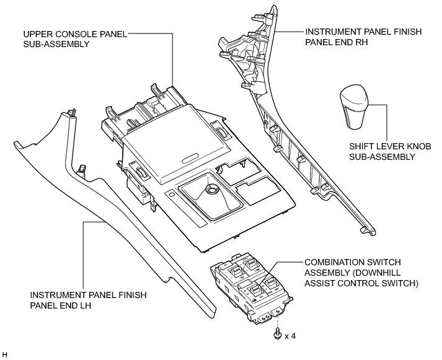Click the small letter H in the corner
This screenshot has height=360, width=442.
(x=5, y=355)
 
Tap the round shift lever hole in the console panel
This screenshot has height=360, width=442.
(x=210, y=190)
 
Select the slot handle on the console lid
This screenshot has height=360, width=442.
(x=193, y=157)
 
